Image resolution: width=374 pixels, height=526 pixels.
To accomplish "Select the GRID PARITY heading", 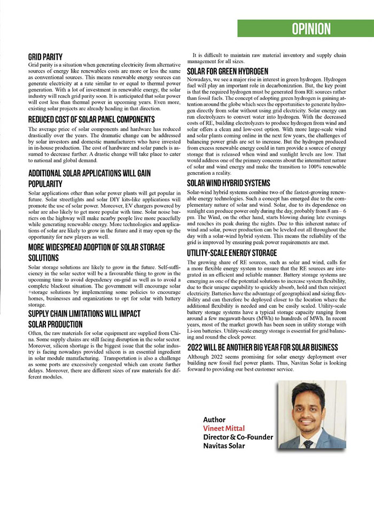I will (x=45, y=57).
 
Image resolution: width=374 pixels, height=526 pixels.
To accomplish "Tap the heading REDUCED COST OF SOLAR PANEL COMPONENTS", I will (x=91, y=119).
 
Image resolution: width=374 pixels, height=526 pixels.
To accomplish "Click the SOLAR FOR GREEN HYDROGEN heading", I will (x=228, y=71).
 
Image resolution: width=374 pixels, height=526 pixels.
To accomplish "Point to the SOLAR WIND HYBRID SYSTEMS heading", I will (x=229, y=183).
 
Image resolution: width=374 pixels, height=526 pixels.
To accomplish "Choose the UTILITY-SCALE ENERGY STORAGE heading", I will (x=231, y=253).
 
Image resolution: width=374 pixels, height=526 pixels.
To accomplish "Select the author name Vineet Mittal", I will (x=224, y=429).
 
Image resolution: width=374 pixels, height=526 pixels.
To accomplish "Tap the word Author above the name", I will (x=214, y=420).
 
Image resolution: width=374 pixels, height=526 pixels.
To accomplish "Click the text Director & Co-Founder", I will (x=238, y=437).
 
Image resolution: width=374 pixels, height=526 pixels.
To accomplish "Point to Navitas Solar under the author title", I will (x=224, y=446).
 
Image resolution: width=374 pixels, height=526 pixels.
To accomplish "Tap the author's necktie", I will (x=308, y=443).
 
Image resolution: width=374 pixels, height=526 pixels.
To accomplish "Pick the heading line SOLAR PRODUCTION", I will (x=56, y=324).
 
